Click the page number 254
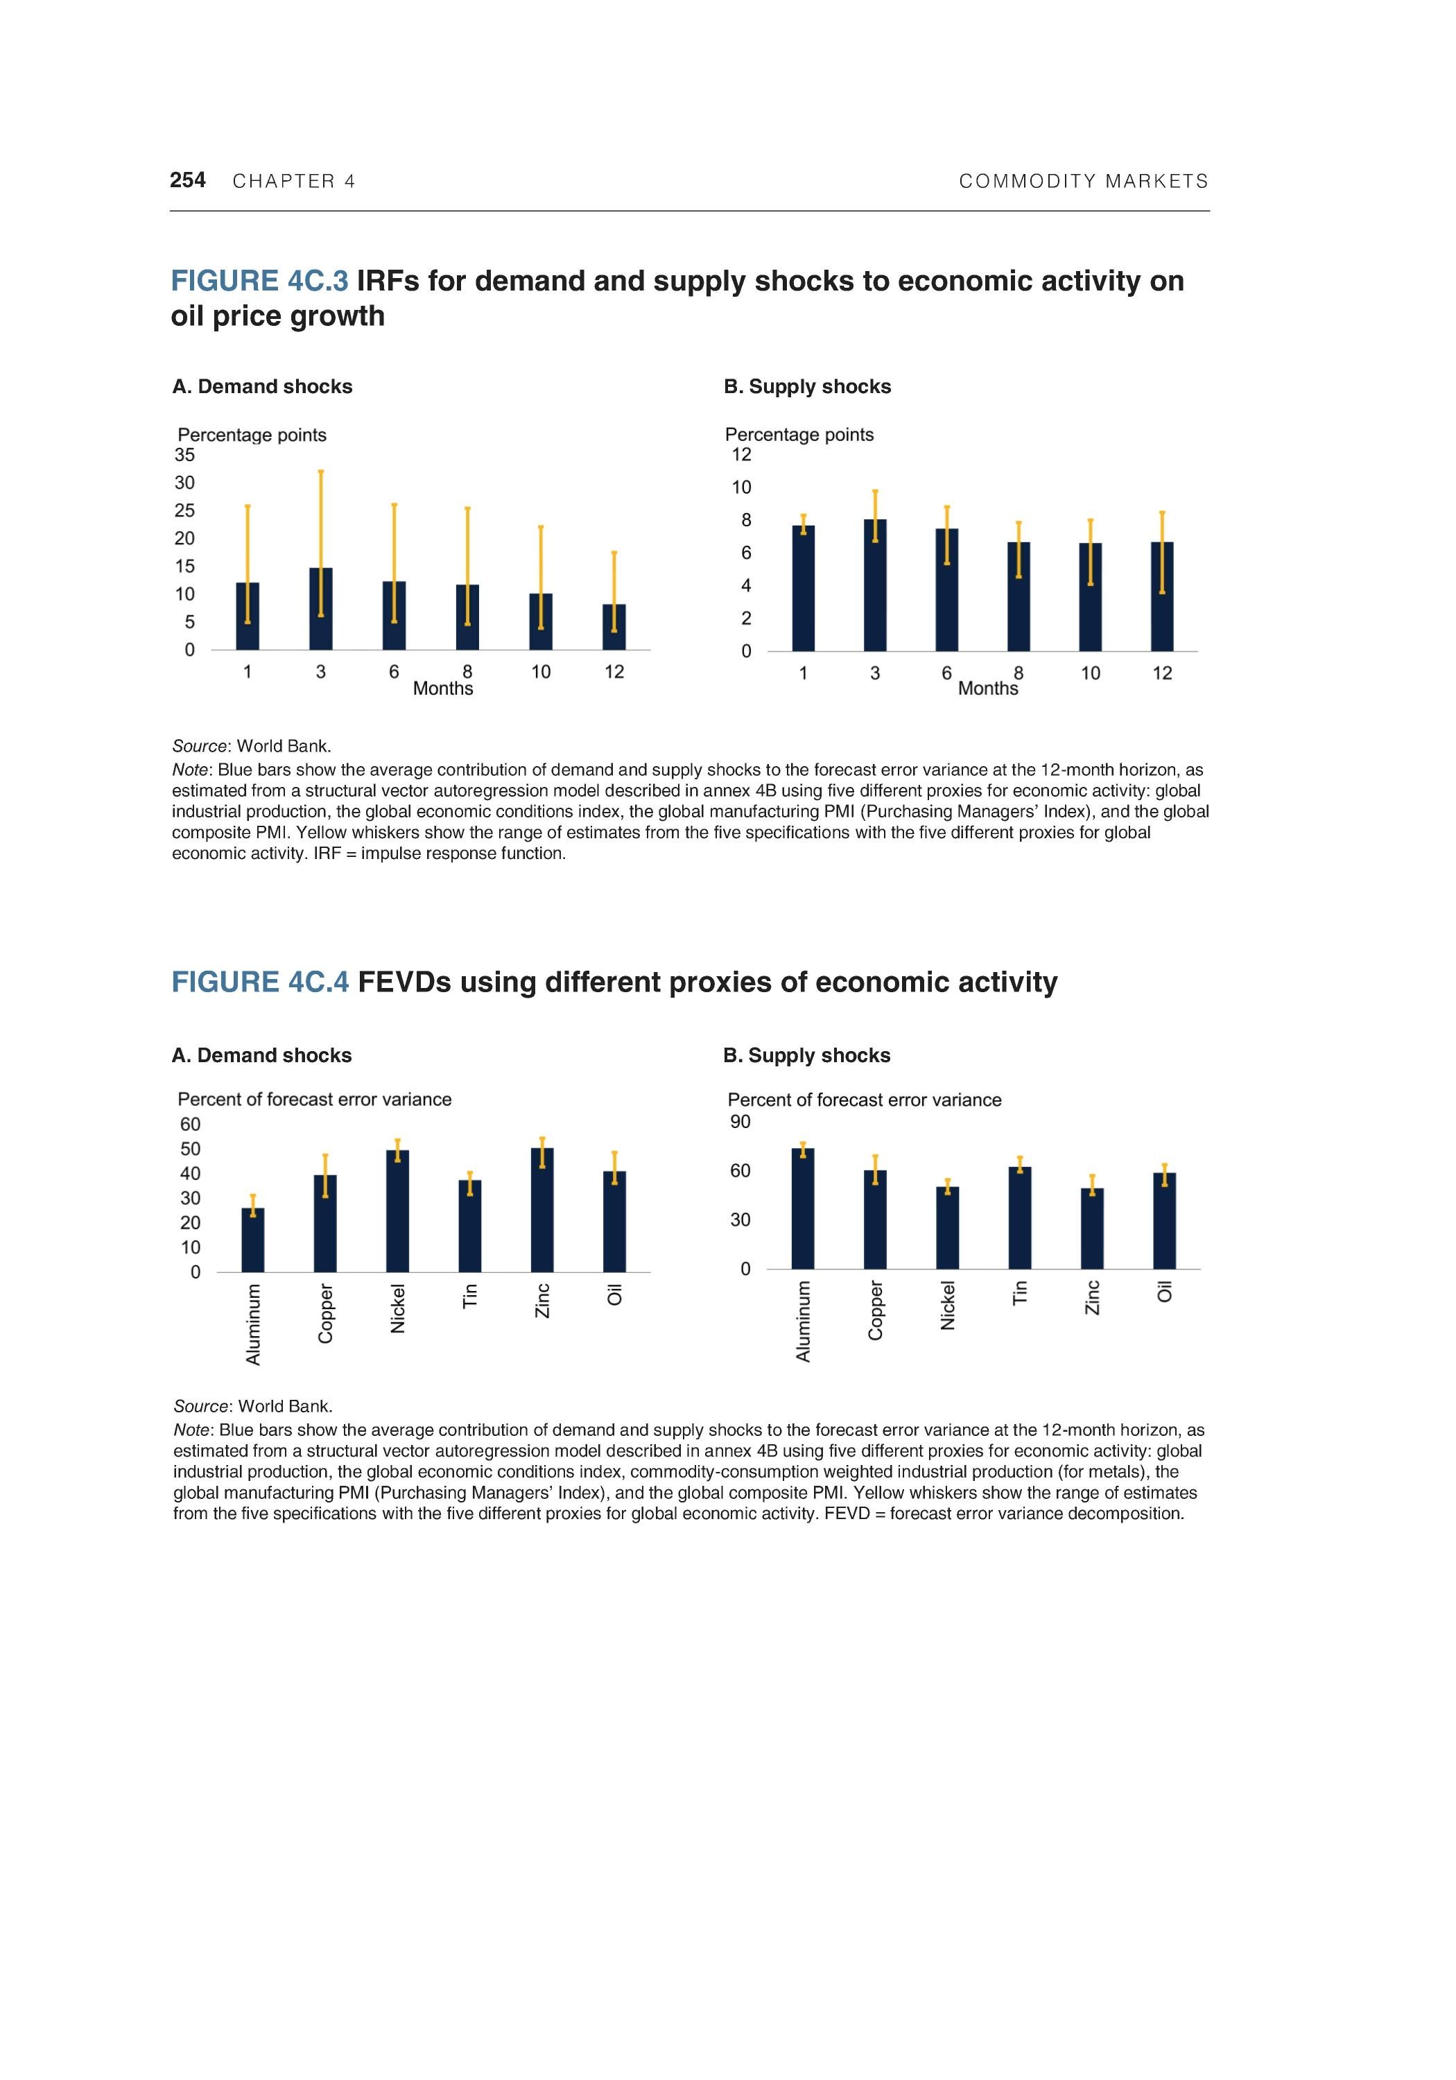(188, 180)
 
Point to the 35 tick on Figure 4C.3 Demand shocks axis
(185, 455)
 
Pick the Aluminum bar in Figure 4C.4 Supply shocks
(803, 1209)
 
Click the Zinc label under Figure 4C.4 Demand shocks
(541, 1300)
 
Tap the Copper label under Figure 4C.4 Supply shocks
(875, 1310)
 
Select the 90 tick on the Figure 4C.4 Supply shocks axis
(740, 1122)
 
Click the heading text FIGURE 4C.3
(259, 281)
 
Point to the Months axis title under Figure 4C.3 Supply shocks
(987, 688)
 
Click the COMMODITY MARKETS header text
(1084, 181)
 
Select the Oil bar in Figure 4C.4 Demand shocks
(614, 1223)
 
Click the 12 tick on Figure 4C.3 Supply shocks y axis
(741, 455)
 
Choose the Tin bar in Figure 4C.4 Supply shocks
(1019, 1218)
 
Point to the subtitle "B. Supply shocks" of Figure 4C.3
(806, 387)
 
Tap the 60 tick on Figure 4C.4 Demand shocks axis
(190, 1125)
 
